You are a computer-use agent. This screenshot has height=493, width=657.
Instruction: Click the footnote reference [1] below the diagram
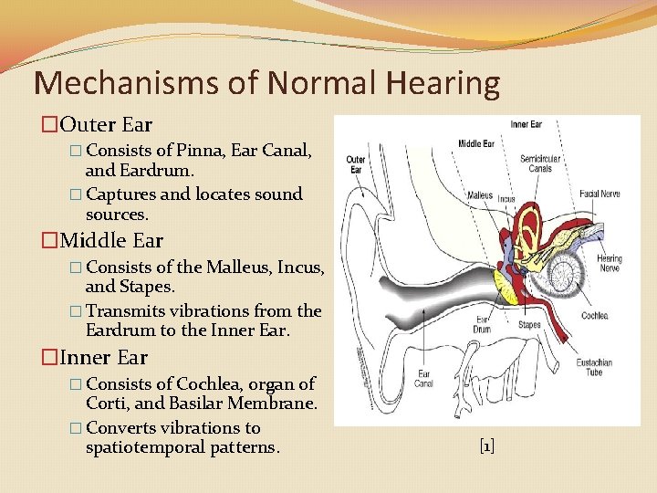pyautogui.click(x=486, y=446)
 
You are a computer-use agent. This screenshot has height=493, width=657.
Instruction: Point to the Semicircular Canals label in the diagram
pyautogui.click(x=541, y=163)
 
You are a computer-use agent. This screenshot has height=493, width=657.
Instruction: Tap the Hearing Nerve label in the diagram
pyautogui.click(x=610, y=264)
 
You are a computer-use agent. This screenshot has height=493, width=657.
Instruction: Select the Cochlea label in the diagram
pyautogui.click(x=594, y=316)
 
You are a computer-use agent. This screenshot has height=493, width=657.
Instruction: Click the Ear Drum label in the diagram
pyautogui.click(x=482, y=323)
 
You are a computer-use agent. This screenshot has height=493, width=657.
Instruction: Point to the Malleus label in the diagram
pyautogui.click(x=480, y=194)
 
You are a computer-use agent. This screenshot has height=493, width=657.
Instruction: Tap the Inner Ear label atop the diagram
pyautogui.click(x=527, y=124)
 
